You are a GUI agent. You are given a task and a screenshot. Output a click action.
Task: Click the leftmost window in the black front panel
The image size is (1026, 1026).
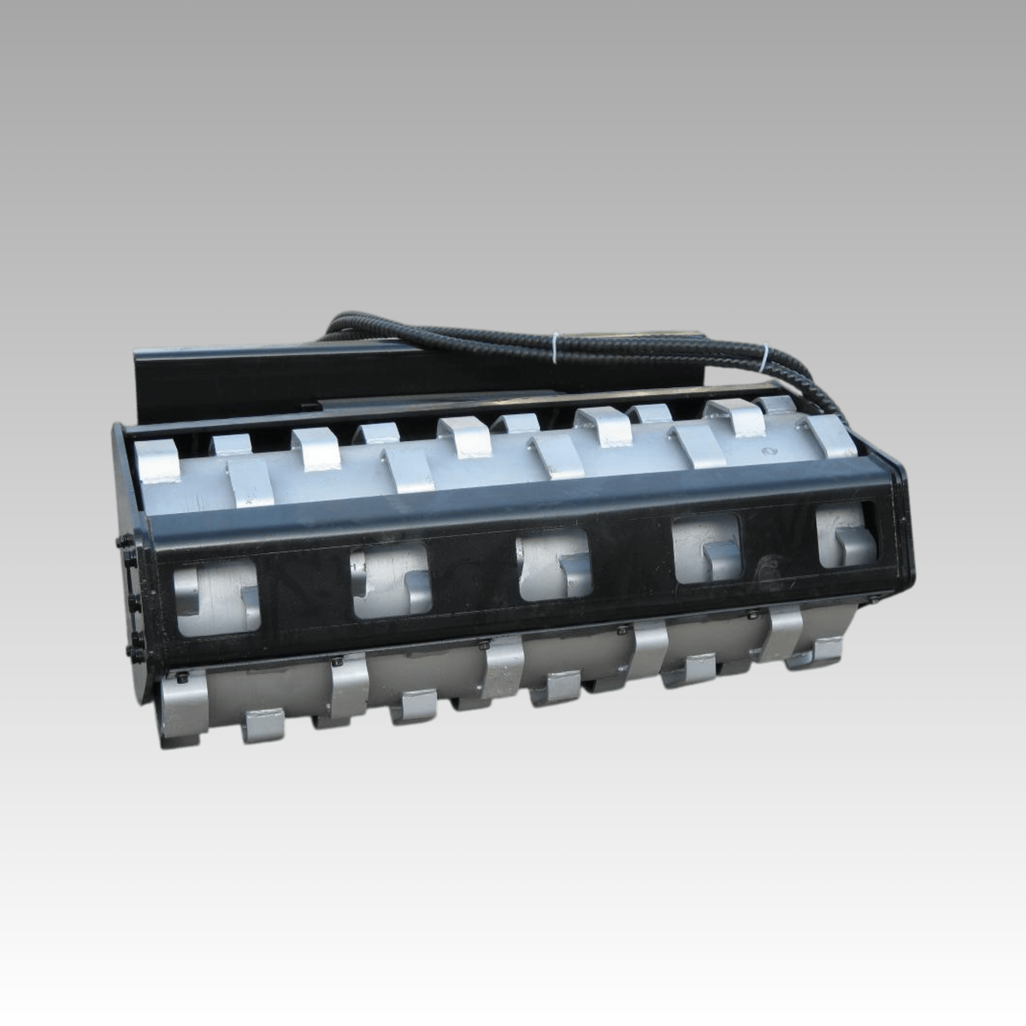(x=216, y=596)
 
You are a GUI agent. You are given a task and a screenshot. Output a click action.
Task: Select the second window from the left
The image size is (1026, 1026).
(x=390, y=581)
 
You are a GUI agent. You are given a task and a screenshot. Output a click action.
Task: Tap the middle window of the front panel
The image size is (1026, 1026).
(x=554, y=564)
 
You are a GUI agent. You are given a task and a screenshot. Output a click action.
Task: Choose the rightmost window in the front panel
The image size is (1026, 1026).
(x=846, y=536)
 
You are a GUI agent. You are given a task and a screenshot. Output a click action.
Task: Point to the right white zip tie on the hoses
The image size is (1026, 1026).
(x=765, y=357)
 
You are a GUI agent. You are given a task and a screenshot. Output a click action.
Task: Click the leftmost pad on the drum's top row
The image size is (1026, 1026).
(x=157, y=462)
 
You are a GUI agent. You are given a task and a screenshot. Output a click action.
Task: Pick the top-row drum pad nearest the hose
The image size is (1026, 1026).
(x=828, y=436)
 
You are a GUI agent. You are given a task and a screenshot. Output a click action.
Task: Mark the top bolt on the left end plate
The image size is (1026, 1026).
(x=124, y=542)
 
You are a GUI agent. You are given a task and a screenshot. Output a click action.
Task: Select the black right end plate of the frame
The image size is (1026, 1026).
(x=902, y=530)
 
